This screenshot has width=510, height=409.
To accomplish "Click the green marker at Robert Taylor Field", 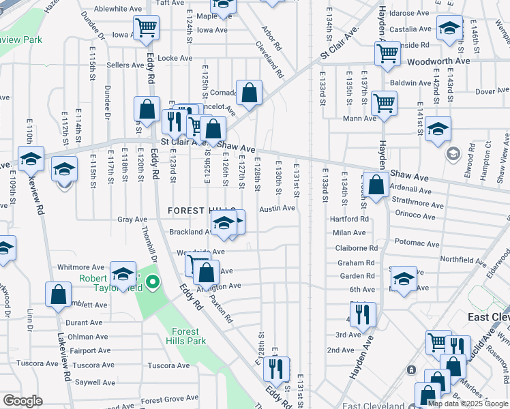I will click(x=152, y=282).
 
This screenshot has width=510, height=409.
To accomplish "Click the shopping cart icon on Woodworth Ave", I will click(x=387, y=52).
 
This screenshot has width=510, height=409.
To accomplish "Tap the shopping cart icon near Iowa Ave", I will click(x=146, y=28).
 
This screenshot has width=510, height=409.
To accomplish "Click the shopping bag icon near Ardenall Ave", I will click(x=376, y=183).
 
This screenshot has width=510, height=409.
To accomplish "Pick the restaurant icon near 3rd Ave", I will click(x=363, y=314).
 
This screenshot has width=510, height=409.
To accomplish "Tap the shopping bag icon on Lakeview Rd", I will click(x=59, y=294).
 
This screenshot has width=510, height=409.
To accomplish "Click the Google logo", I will click(x=22, y=401).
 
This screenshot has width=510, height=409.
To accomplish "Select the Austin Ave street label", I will click(x=277, y=208).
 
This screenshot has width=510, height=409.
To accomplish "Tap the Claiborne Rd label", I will click(x=361, y=248).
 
